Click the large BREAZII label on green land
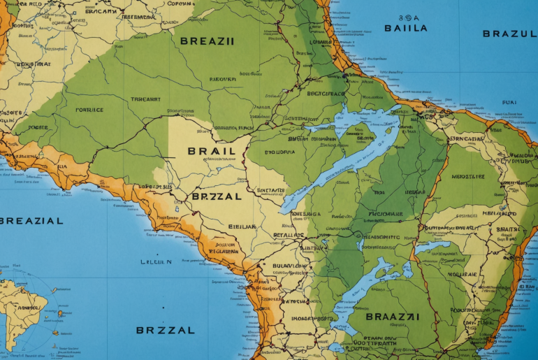pyautogui.click(x=207, y=41)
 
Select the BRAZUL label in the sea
pyautogui.click(x=509, y=34)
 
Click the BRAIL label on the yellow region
pyautogui.click(x=206, y=151)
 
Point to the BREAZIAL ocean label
pyautogui.click(x=31, y=221)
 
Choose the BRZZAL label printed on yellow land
pyautogui.click(x=216, y=197)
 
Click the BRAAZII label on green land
pyautogui.click(x=393, y=317)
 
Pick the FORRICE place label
pyautogui.click(x=89, y=110)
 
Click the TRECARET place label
pyautogui.click(x=145, y=99)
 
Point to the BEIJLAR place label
pyautogui.click(x=242, y=227)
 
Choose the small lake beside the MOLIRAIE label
pyautogui.click(x=432, y=247)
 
